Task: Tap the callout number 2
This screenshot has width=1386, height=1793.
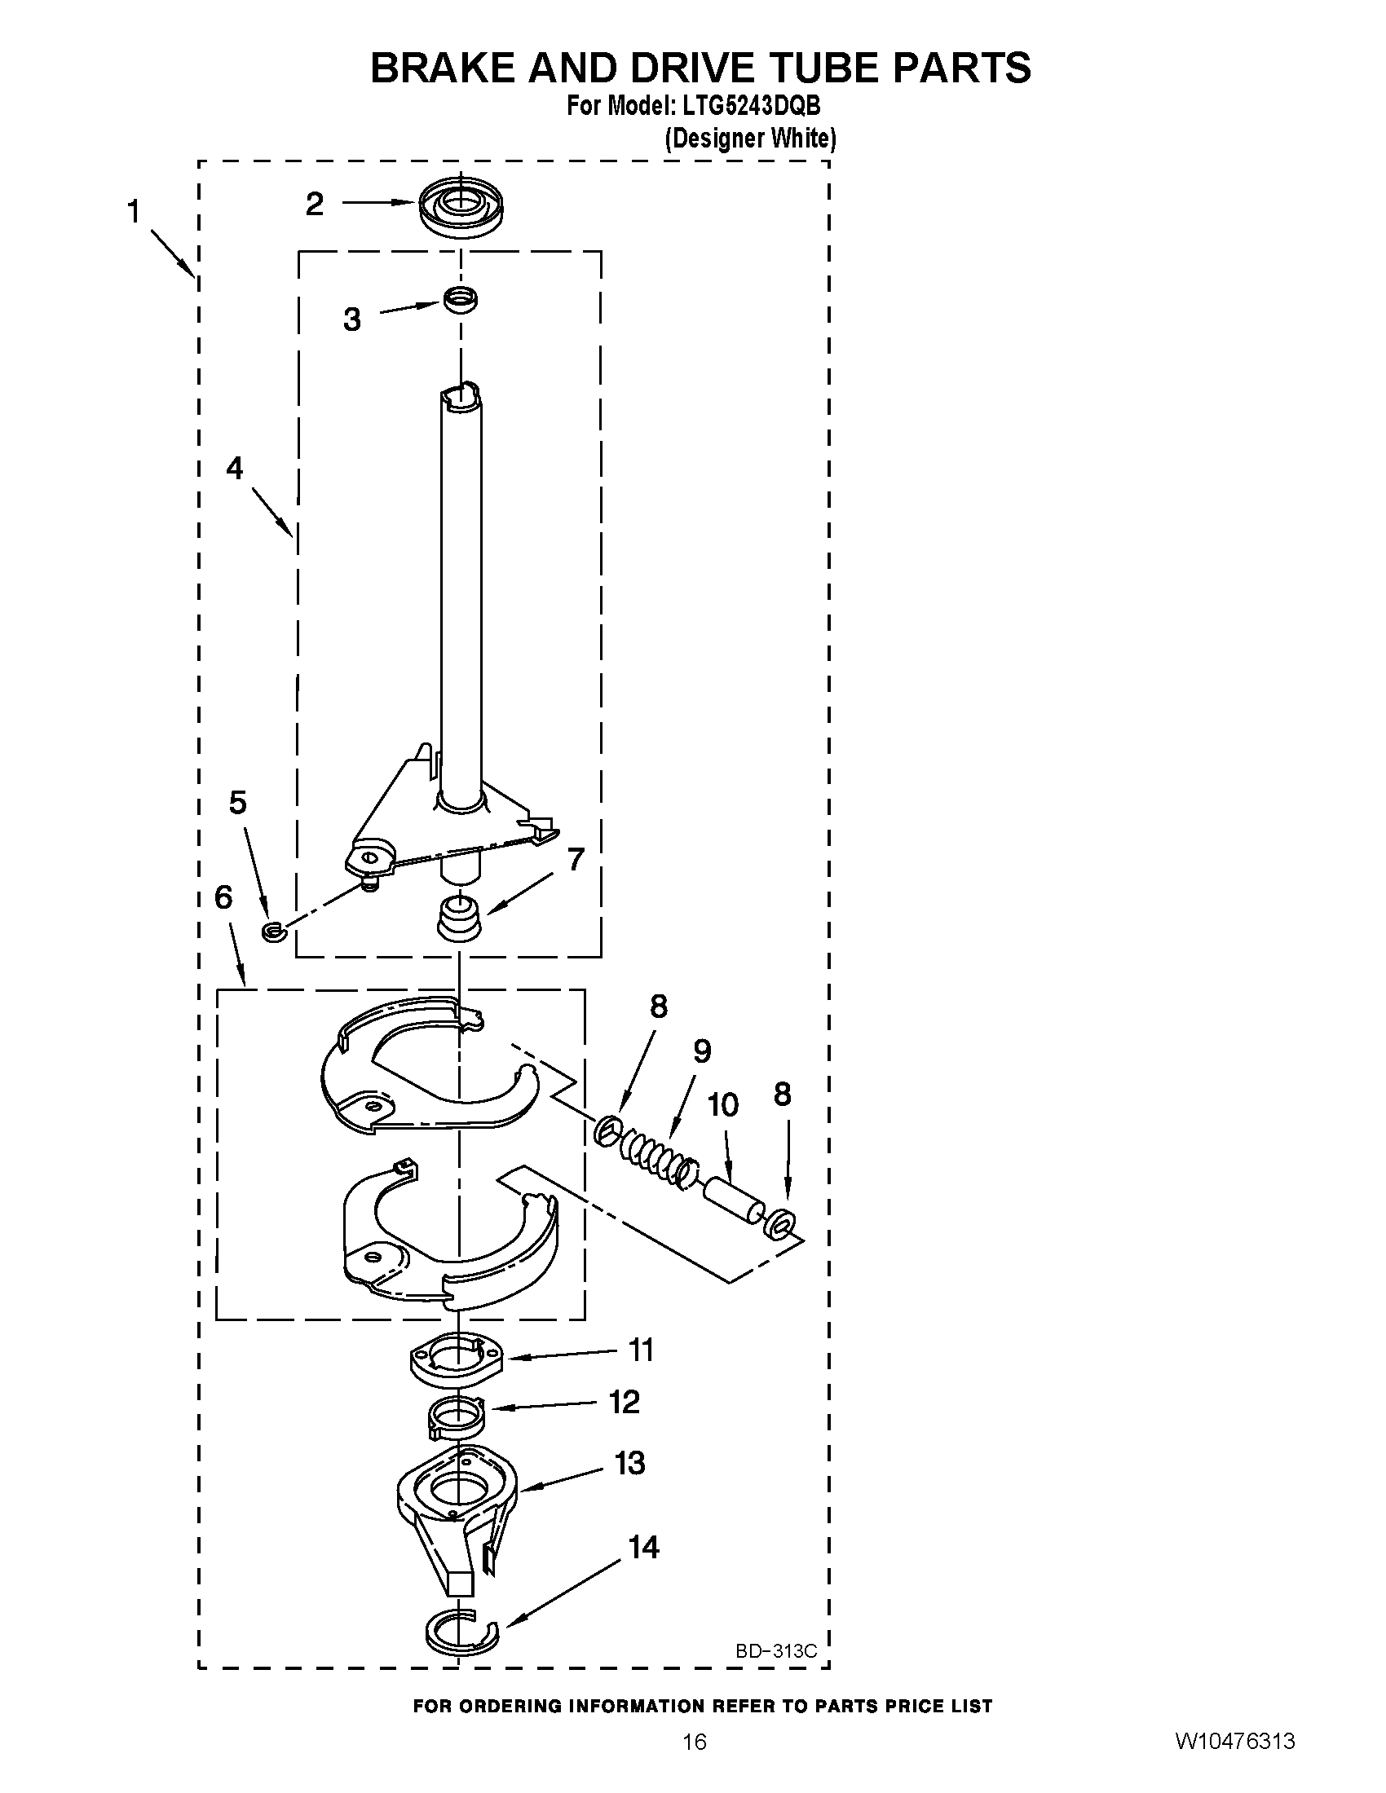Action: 315,204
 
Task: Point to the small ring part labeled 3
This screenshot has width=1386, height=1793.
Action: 461,300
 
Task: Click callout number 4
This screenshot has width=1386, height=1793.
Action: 235,469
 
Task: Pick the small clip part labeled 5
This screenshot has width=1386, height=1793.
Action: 272,931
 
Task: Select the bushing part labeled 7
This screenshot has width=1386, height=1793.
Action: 460,918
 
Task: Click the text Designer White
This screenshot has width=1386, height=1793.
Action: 749,138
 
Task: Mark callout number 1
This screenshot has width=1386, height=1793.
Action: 134,212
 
